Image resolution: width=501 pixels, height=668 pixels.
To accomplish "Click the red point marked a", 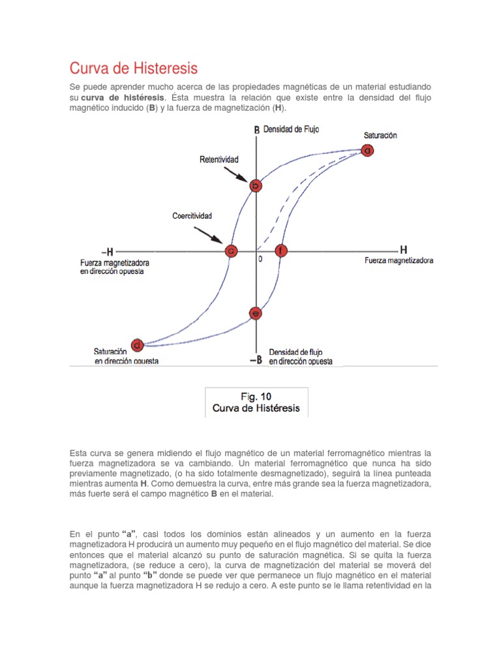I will (367, 151).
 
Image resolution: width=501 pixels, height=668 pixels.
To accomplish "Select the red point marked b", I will (256, 186).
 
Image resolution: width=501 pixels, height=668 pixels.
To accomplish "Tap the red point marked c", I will (230, 250).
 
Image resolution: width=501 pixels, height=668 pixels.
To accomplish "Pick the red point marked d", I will (137, 344).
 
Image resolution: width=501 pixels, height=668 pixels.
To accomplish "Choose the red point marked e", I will (256, 314).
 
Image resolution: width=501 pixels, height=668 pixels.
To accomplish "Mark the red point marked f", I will (281, 250).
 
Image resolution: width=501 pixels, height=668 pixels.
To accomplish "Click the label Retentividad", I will (219, 159).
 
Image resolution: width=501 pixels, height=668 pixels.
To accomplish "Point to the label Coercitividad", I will (192, 215).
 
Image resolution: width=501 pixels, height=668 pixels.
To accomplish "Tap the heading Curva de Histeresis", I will (133, 68).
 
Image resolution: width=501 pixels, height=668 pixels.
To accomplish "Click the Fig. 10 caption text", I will (256, 402).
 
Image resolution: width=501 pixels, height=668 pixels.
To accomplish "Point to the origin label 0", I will (260, 259).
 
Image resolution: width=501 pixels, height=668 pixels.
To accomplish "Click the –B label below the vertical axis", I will (256, 359).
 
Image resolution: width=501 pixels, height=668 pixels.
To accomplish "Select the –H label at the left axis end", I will (108, 251).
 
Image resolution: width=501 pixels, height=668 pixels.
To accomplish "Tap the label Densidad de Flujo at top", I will (291, 129).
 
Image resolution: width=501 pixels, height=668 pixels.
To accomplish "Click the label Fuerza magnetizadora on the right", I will (398, 260).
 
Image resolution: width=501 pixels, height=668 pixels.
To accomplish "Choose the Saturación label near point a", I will (380, 135).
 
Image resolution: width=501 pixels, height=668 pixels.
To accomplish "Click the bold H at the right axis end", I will (403, 249).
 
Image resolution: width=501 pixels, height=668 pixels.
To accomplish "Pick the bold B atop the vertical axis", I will (257, 130).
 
